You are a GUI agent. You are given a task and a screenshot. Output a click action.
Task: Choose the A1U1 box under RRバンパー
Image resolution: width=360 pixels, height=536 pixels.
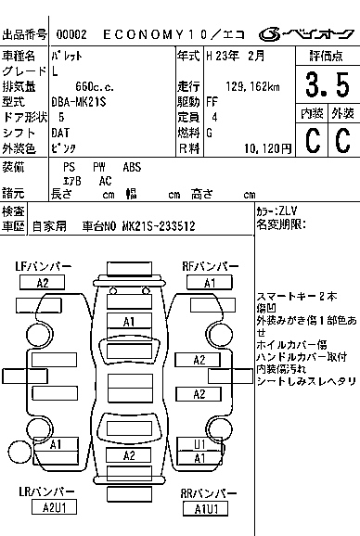[x=206, y=508]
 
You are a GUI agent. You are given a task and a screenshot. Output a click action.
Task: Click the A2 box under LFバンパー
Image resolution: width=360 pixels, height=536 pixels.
[x=43, y=283]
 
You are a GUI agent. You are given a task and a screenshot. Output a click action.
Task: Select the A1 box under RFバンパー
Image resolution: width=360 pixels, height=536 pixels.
[x=210, y=283]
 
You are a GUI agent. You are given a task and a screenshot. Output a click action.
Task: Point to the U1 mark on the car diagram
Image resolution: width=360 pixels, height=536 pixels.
[x=199, y=443]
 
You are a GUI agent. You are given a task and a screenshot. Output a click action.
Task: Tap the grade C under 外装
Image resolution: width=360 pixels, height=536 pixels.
[x=341, y=141]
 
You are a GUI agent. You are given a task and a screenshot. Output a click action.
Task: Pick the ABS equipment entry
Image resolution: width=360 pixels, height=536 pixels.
[x=132, y=168]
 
